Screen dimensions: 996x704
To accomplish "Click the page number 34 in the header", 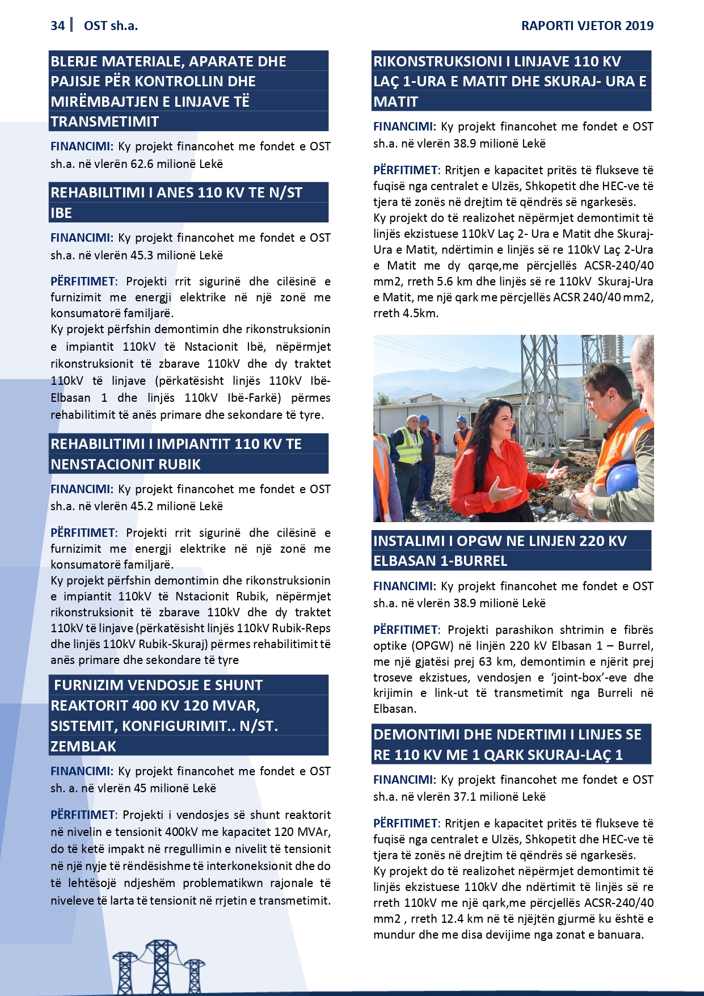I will [x=57, y=26].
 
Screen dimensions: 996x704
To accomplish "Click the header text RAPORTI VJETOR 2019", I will [x=587, y=26].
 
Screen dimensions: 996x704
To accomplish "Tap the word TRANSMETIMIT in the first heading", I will [x=105, y=121].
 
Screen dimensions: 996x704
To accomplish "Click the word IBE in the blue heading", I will [x=61, y=213].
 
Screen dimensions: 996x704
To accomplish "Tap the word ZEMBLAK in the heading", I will [x=83, y=746].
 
